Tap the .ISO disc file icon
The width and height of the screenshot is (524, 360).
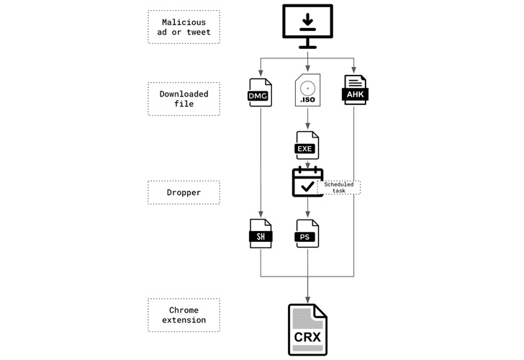[x=307, y=91]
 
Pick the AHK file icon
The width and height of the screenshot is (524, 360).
[x=356, y=91]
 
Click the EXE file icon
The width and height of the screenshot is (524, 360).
[x=307, y=145]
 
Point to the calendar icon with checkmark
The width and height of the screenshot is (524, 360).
[x=307, y=182]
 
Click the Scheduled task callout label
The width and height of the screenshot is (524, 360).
[x=339, y=187]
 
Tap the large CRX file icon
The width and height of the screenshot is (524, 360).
[x=307, y=330]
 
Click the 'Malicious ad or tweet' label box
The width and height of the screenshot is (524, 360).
[x=184, y=27]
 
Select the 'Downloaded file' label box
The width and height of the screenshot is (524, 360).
[x=184, y=99]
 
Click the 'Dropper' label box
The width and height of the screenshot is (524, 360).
[x=184, y=192]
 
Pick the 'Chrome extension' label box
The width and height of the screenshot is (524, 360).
[x=184, y=315]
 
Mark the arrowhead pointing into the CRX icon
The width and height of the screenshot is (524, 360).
[x=307, y=298]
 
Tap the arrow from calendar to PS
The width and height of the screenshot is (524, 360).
[x=307, y=208]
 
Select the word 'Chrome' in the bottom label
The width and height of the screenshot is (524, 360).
[x=184, y=310]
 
